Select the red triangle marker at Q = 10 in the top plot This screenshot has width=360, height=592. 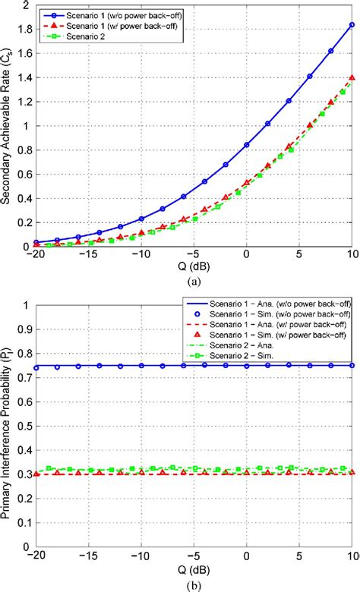[x=352, y=77]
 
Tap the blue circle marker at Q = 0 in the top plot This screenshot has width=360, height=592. [x=246, y=145]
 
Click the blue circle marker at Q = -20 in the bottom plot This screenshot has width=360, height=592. [x=36, y=367]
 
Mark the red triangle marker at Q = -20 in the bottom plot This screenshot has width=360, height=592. [x=36, y=473]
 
